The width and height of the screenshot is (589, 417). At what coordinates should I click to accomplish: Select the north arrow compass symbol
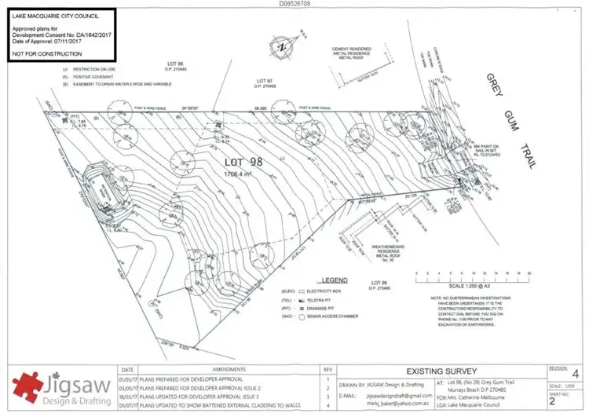click(280, 48)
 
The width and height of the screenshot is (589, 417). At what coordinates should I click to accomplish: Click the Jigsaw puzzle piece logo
click(30, 386)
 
